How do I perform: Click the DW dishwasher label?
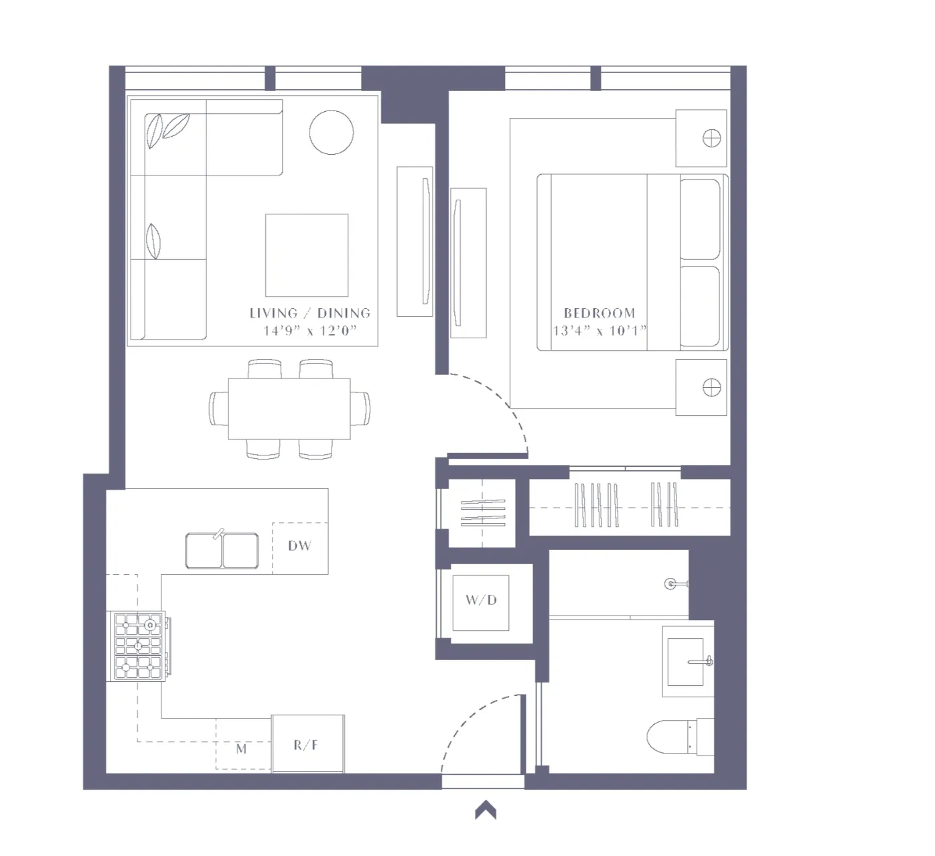pos(299,546)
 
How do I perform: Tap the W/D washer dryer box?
pos(481,600)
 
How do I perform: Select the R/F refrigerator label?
pos(306,745)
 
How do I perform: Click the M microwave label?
pos(241,749)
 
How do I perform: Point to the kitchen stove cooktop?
pos(139,646)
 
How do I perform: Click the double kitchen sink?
pos(222,551)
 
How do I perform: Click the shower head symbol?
pos(670,584)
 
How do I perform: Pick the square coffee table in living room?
pos(307,255)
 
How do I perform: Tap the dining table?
pos(289,409)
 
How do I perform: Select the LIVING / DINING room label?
pos(309,313)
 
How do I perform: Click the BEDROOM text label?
pos(599,313)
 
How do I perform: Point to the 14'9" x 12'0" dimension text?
pos(309,330)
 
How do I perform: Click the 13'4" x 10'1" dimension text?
pos(599,330)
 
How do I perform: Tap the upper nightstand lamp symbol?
pos(711,139)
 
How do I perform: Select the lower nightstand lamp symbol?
pos(711,387)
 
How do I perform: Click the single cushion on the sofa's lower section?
pos(154,241)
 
